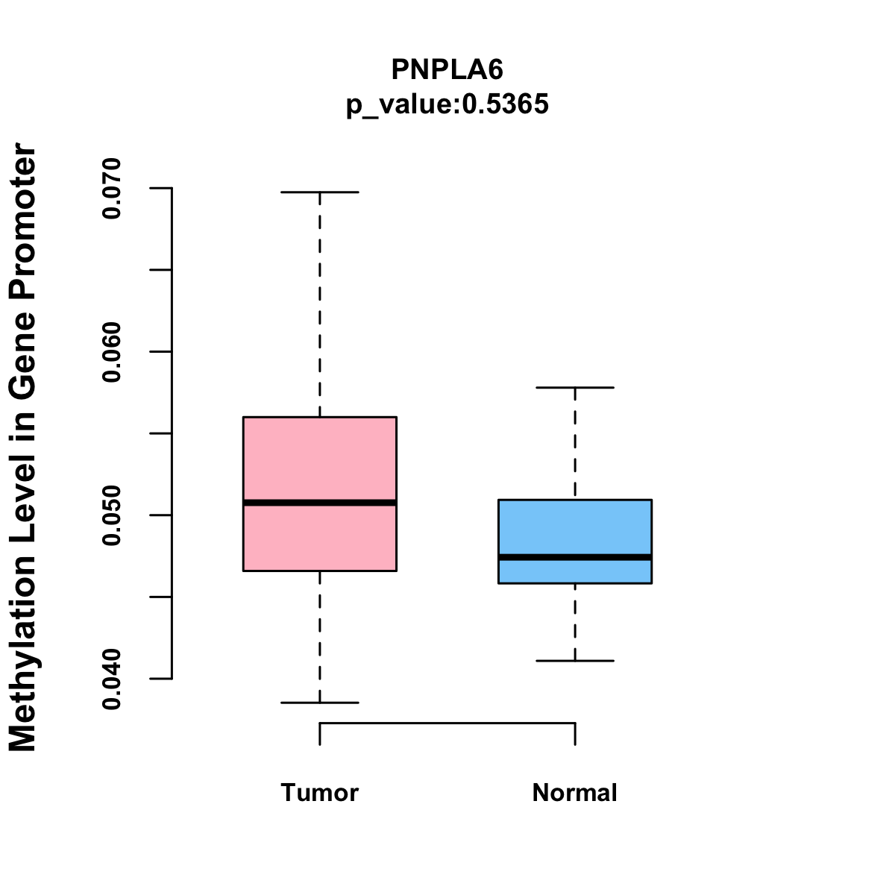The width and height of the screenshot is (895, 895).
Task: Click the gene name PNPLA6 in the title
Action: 447,69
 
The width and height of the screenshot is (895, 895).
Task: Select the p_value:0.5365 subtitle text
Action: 447,104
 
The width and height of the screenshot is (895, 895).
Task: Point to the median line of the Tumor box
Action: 319,503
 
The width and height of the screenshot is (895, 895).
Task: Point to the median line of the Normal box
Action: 574,557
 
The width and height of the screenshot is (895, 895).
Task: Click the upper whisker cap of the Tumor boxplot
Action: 319,192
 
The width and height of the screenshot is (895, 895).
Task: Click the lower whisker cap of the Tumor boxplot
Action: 319,703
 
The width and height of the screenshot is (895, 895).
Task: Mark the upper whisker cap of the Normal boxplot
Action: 574,388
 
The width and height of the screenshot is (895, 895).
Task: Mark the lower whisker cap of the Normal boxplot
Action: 574,661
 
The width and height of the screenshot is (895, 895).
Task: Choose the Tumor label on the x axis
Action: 319,793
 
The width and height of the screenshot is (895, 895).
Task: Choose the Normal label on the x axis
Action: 574,793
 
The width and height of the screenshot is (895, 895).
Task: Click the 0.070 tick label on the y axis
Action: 112,189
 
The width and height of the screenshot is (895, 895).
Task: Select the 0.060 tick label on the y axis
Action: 112,352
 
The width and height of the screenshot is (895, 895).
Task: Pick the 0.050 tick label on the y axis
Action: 112,515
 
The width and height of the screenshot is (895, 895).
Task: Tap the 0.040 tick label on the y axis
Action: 112,679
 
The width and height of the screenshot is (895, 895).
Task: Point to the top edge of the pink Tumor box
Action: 319,417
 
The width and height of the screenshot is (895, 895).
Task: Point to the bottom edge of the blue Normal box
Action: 574,582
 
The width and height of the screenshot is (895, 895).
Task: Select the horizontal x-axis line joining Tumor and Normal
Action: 447,723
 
